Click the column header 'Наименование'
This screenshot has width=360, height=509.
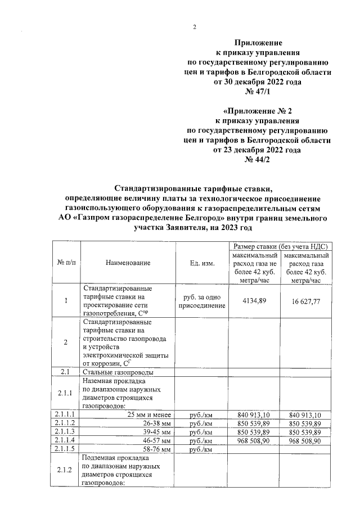[128, 263]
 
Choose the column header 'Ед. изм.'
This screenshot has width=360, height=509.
[202, 263]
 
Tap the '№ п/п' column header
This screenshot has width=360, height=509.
[66, 263]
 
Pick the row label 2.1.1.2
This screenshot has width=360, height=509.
[66, 424]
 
